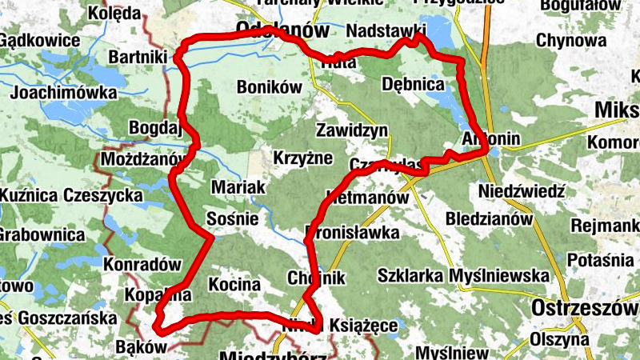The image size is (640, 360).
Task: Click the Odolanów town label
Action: click(283, 31)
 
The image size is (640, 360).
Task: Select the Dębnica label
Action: click(414, 83)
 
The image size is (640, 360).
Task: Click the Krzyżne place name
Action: click(302, 157)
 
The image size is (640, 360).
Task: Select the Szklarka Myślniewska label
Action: click(464, 276)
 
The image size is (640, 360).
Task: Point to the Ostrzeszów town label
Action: click(585, 309)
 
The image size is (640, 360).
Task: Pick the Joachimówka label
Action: click(64, 92)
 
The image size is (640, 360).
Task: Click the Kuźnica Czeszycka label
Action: click(50, 195)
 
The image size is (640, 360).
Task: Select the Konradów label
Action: click(139, 263)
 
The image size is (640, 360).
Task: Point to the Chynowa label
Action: click(571, 40)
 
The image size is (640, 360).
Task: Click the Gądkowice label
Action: click(40, 40)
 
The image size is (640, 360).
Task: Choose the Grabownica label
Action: click(42, 235)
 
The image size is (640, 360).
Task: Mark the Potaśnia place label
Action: click(600, 261)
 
